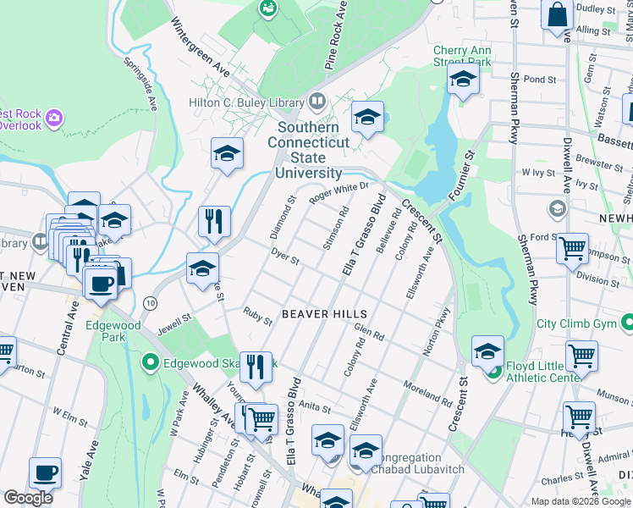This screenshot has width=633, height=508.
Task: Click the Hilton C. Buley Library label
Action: click(x=245, y=102)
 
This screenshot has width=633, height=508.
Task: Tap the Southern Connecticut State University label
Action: click(x=309, y=150)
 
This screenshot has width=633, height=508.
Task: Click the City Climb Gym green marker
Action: click(x=627, y=323)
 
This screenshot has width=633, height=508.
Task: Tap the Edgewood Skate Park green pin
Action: click(x=151, y=364)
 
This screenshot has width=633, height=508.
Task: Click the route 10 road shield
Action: click(x=150, y=302)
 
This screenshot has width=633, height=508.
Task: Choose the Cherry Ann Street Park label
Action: click(x=462, y=56)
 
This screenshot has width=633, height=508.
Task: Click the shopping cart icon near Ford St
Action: click(x=573, y=247)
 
